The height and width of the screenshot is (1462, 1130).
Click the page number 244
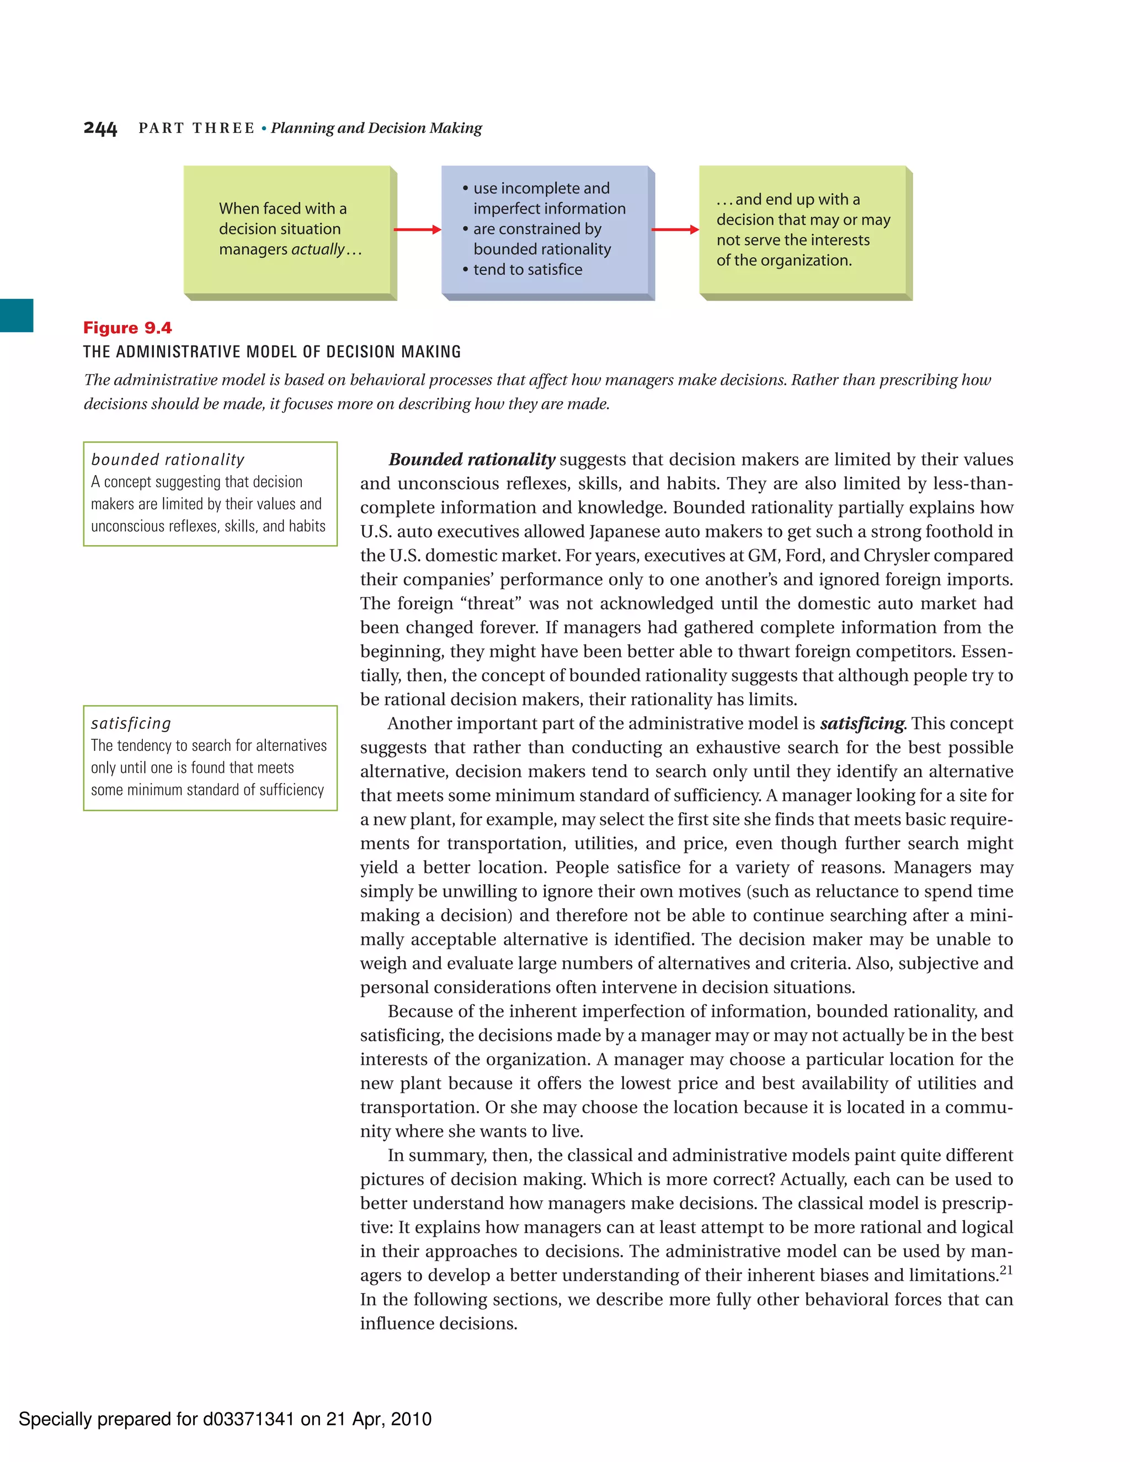(x=100, y=129)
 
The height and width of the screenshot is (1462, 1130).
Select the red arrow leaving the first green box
(x=417, y=230)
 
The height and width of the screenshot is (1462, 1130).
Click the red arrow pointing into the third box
(x=675, y=230)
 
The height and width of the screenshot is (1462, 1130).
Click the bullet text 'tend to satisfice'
(x=527, y=270)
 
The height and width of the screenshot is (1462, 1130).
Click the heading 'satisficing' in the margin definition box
(x=131, y=724)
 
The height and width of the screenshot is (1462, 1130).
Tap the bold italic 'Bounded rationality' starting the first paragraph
(x=471, y=460)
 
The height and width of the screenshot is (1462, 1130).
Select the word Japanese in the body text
(x=625, y=531)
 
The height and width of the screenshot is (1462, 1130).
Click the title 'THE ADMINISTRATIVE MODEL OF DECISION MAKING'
(x=272, y=352)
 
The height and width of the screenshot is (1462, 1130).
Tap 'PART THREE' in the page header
(x=196, y=129)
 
